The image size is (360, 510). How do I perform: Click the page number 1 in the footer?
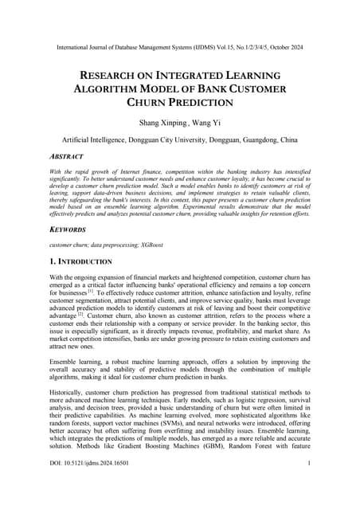click(307, 484)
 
